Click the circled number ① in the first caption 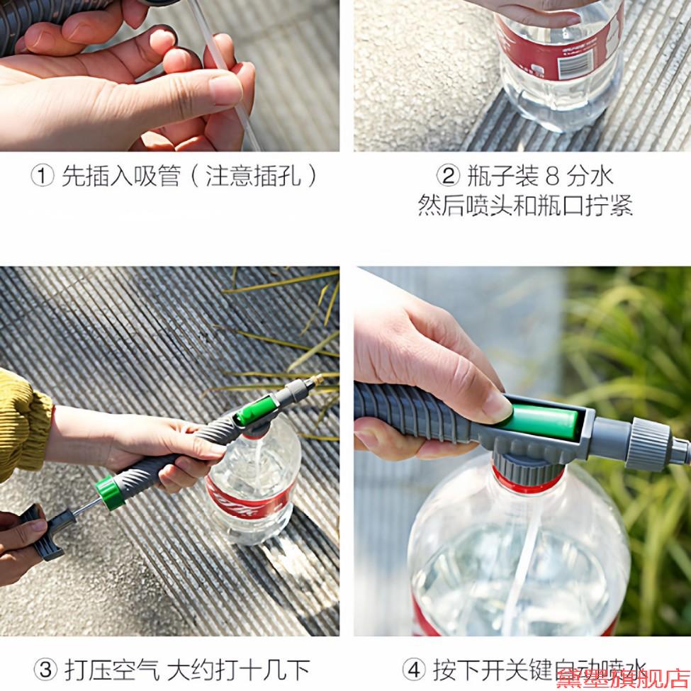click(43, 176)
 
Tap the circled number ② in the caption click(447, 176)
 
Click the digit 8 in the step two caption click(554, 176)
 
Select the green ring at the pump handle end click(111, 493)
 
